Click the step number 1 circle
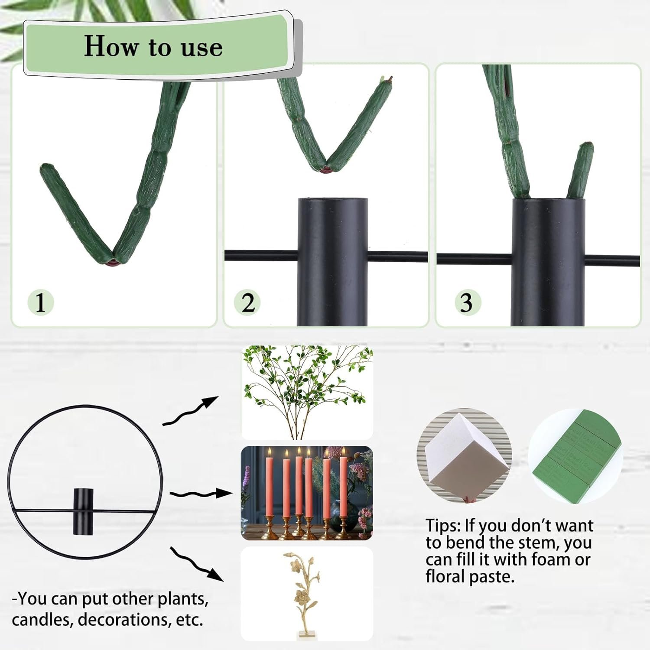(x=41, y=302)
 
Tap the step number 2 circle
(x=248, y=302)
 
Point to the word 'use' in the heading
(x=202, y=48)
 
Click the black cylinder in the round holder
(x=83, y=510)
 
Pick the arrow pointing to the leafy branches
(x=191, y=410)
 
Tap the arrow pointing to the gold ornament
(x=197, y=564)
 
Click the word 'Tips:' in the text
(x=443, y=526)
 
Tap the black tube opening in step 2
(x=333, y=199)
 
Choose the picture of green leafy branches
(x=307, y=393)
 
